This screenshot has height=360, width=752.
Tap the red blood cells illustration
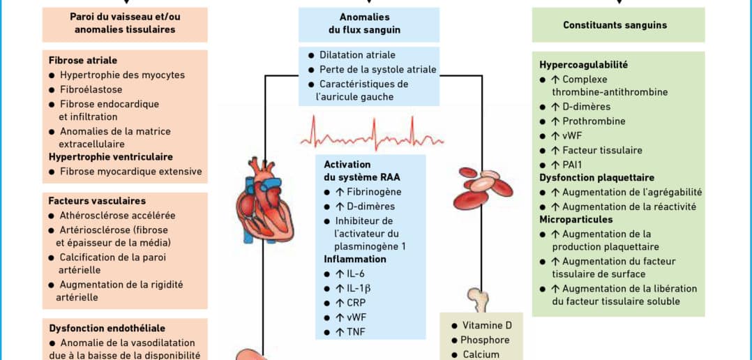[x=483, y=188]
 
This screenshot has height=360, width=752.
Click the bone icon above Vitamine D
[x=478, y=299]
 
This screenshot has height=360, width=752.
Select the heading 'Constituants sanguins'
[x=615, y=25]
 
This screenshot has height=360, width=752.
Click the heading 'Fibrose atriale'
[x=83, y=61]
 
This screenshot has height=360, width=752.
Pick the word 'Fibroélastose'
[x=91, y=89]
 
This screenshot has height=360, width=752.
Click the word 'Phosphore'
[x=485, y=340]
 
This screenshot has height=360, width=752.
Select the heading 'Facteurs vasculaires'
[x=97, y=201]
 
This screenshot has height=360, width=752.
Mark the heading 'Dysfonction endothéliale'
[x=107, y=329]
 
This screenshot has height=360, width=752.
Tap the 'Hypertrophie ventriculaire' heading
[x=111, y=157]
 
